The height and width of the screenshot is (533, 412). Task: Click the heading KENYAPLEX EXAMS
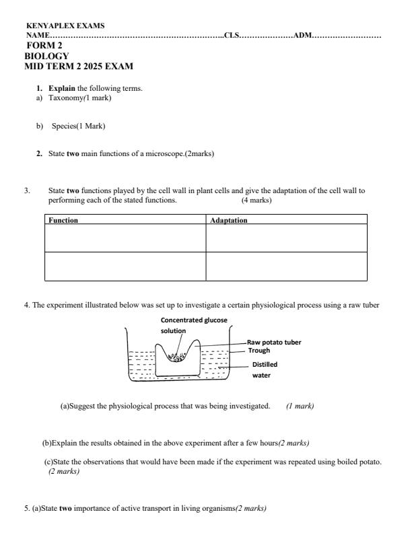pos(65,26)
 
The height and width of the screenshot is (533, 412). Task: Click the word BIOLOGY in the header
pos(46,57)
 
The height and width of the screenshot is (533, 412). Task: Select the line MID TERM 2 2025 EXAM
pos(79,67)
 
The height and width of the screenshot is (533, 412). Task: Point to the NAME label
pos(38,35)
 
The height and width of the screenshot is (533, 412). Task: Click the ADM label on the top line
pos(302,35)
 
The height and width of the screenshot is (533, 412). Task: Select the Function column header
pos(63,220)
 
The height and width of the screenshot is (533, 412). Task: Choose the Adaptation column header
pos(229,220)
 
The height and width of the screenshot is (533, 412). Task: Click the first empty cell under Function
pos(125,238)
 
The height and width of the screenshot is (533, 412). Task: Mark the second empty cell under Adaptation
pos(286,266)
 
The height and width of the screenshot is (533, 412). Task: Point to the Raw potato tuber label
pos(274,342)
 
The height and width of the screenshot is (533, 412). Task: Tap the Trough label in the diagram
pos(259,351)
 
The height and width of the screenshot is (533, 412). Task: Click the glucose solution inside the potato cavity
pos(177,356)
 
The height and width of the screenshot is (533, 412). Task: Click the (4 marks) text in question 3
pos(256,200)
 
